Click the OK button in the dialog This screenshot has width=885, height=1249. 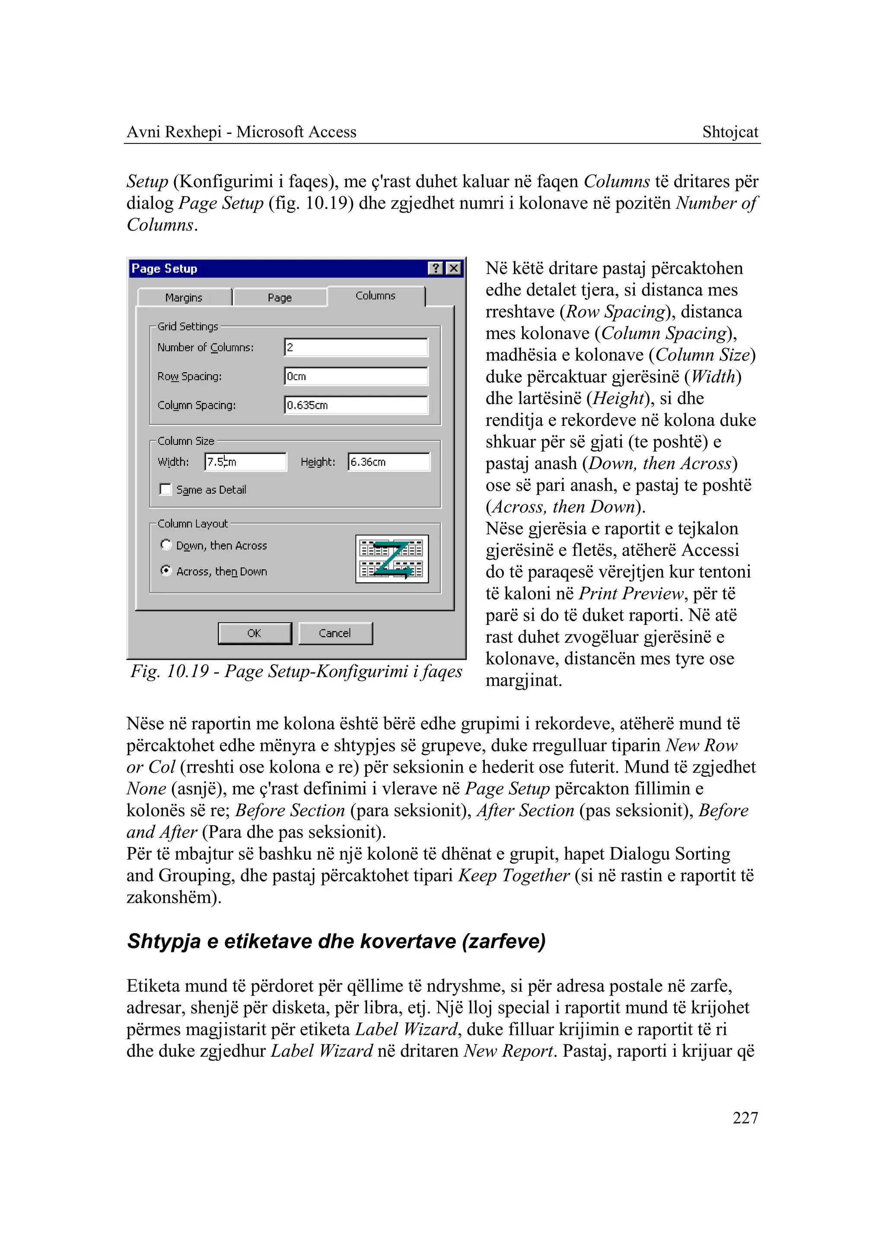pyautogui.click(x=255, y=633)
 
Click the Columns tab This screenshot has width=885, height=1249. pyautogui.click(x=376, y=296)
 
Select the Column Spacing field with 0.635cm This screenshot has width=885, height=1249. pyautogui.click(x=356, y=405)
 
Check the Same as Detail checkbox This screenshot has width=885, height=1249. pyautogui.click(x=166, y=489)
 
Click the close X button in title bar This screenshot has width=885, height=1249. pyautogui.click(x=453, y=269)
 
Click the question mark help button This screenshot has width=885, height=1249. pyautogui.click(x=436, y=269)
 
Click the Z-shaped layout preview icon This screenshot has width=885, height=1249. pyautogui.click(x=392, y=559)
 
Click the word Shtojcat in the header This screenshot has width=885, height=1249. pyautogui.click(x=730, y=132)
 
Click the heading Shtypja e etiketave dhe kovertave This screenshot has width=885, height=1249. pyautogui.click(x=336, y=941)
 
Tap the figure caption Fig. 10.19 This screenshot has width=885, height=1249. pyautogui.click(x=296, y=671)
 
